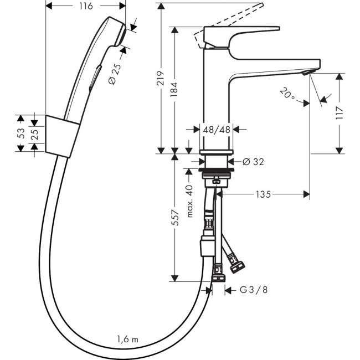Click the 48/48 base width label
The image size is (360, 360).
pyautogui.click(x=216, y=129)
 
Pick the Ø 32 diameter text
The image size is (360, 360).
pyautogui.click(x=253, y=162)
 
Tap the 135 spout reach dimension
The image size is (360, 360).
pyautogui.click(x=264, y=194)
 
